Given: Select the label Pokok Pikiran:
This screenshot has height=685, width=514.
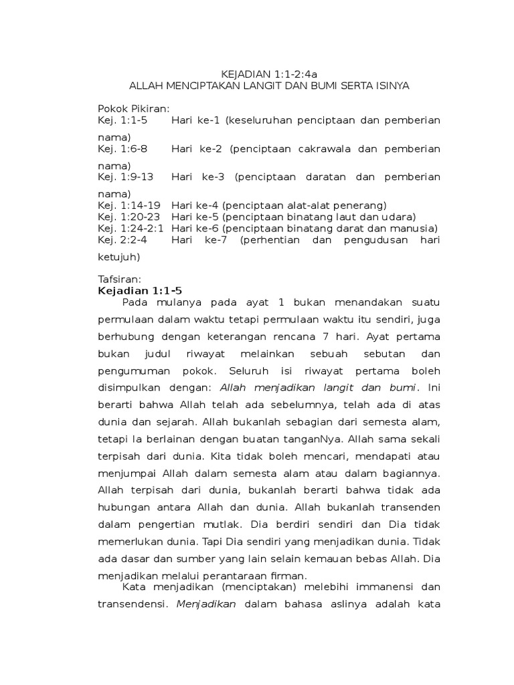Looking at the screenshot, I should pyautogui.click(x=134, y=108).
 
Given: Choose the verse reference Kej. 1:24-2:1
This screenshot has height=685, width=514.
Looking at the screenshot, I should pyautogui.click(x=131, y=228).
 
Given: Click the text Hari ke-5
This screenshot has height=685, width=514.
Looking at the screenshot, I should pyautogui.click(x=195, y=217).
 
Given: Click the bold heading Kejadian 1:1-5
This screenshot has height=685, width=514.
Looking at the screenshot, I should pyautogui.click(x=140, y=290).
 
